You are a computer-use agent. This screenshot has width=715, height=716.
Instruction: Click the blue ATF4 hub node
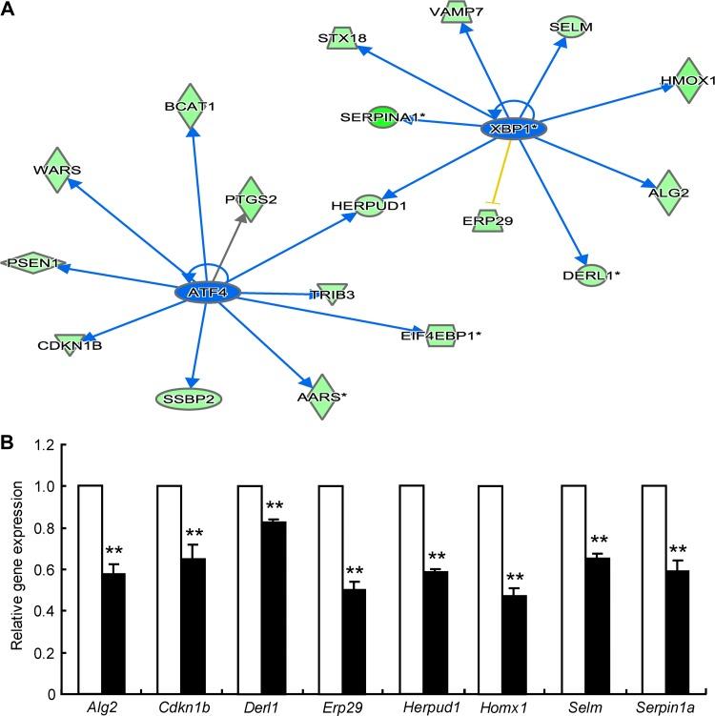point(207,292)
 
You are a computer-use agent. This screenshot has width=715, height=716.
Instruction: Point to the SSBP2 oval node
point(187,397)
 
